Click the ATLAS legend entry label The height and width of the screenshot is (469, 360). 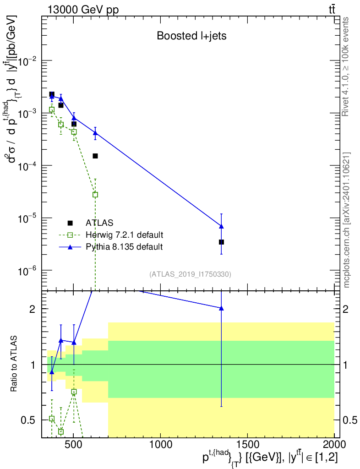point(99,223)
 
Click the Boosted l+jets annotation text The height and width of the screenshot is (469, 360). point(191,36)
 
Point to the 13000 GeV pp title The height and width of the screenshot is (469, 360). point(83,10)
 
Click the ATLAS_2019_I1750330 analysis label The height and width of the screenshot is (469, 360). point(190,274)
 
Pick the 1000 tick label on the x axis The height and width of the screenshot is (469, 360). point(161,444)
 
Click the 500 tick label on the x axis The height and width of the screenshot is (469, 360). point(74,444)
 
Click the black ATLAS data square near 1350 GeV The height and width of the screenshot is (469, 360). point(221,242)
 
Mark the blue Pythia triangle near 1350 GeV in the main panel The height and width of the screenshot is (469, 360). point(221,226)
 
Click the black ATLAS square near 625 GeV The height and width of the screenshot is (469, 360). point(95,156)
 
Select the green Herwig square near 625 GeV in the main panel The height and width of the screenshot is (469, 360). point(95,195)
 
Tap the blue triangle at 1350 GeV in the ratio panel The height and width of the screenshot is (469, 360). point(221,308)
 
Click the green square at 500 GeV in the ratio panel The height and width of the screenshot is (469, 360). point(74,392)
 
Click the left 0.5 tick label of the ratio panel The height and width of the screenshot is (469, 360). point(28,420)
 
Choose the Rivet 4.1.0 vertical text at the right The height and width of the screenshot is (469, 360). point(345,67)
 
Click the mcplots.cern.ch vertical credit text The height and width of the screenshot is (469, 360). point(346,220)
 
